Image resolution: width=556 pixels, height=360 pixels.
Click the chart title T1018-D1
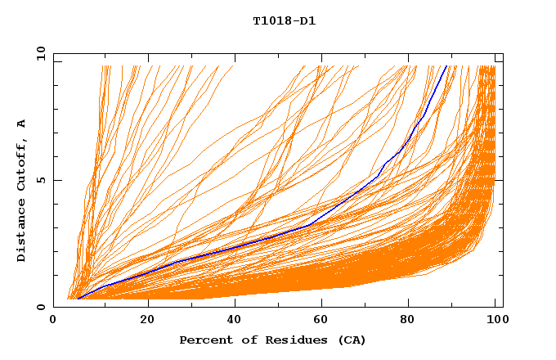[x=285, y=20]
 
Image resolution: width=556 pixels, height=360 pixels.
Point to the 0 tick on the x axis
[x=53, y=321]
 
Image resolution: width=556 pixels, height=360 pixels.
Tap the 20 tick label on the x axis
[x=147, y=321]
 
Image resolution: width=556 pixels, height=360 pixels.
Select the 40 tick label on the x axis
[x=235, y=321]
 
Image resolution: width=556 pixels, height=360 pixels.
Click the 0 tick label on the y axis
[x=41, y=307]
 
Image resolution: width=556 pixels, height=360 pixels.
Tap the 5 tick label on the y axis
[x=41, y=180]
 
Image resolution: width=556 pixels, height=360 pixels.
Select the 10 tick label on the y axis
[x=38, y=53]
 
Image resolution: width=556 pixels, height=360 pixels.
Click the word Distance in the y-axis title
[x=22, y=234]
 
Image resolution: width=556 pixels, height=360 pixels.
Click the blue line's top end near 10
[x=446, y=66]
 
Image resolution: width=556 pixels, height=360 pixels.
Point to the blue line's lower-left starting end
[x=78, y=299]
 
